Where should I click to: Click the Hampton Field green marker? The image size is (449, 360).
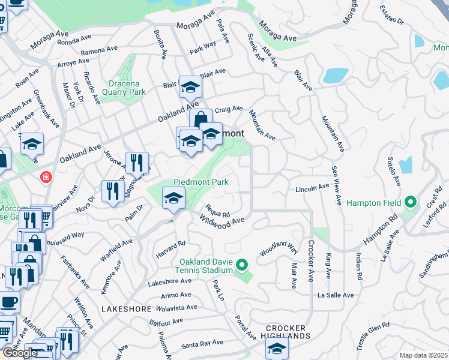click(411, 202)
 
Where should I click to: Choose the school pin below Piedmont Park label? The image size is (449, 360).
click(173, 198)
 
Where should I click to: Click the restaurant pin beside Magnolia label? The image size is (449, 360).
click(137, 162)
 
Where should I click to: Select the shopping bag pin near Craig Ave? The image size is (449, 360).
click(200, 119)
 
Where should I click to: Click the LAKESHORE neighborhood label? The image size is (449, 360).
click(127, 308)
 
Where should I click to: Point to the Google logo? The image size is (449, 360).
click(20, 353)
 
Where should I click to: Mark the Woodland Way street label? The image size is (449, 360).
click(279, 249)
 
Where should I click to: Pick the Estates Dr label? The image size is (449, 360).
click(393, 16)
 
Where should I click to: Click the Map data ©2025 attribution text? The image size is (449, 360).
click(423, 355)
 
